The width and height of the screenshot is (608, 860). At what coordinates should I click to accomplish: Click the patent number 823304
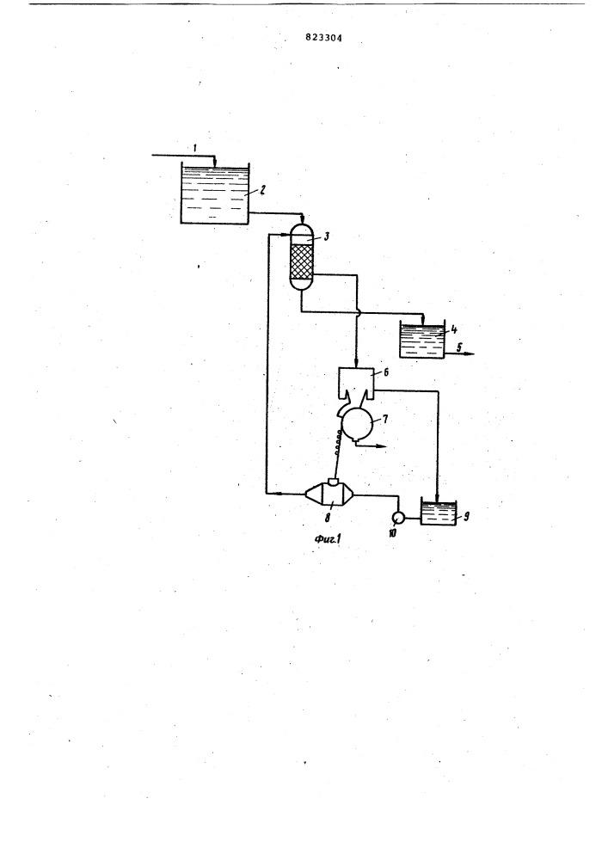pos(323,39)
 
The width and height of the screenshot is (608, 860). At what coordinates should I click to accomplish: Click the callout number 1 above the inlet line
pos(195,148)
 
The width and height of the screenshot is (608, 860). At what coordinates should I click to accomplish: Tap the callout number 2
pos(263,189)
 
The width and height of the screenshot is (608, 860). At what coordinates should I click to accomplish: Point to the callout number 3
pos(326,236)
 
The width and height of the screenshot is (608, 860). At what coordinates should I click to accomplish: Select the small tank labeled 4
pos(421,340)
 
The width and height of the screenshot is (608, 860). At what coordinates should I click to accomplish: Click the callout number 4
pos(454,330)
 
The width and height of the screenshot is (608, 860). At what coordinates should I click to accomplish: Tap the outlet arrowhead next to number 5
pos(470,354)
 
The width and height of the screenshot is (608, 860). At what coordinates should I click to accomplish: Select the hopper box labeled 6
pos(356,383)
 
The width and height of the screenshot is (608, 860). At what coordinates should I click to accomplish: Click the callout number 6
pos(386,372)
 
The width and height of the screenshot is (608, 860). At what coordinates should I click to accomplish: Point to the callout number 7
pos(385,420)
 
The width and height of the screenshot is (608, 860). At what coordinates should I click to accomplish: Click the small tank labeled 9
pos(439,511)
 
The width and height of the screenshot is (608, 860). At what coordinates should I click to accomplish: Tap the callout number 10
pos(392,532)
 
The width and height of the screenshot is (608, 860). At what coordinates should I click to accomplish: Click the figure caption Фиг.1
pos(329,539)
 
